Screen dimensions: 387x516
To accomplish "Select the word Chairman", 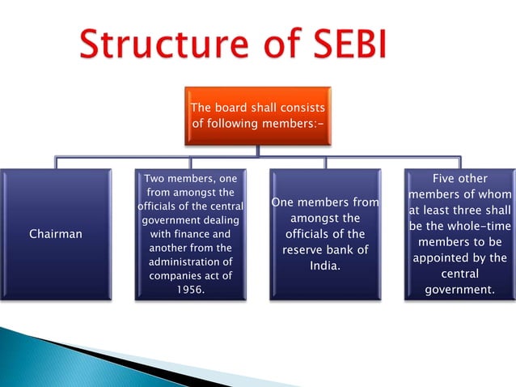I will (56, 235).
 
